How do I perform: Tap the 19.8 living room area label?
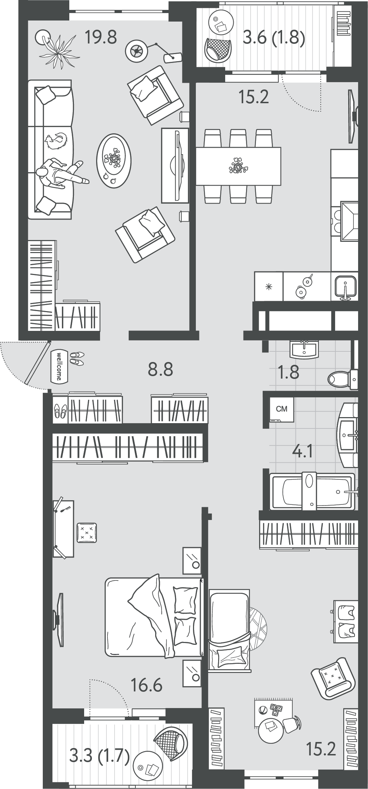coord(101,37)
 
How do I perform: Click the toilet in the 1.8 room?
coord(342,379)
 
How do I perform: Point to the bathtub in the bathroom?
coord(312,491)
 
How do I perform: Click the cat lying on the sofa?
coord(56,141)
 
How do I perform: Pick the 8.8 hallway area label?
coord(160,369)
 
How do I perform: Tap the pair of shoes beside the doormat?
coord(77,358)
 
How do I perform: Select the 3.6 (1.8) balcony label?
coord(274,37)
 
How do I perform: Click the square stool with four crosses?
coord(87,532)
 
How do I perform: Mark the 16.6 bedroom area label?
coord(146,686)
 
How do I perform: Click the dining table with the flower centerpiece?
coord(238,166)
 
